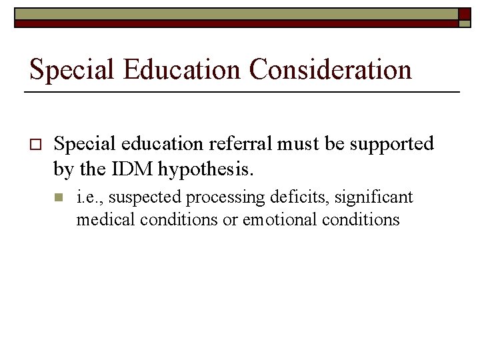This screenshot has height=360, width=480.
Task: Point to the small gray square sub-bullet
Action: pos(59,198)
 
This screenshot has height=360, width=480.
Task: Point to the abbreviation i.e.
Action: pos(89,197)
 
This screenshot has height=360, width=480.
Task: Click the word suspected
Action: pos(143,198)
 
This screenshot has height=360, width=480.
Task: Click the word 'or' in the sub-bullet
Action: pos(230,220)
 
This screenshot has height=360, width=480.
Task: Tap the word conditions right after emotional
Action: pos(362,219)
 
